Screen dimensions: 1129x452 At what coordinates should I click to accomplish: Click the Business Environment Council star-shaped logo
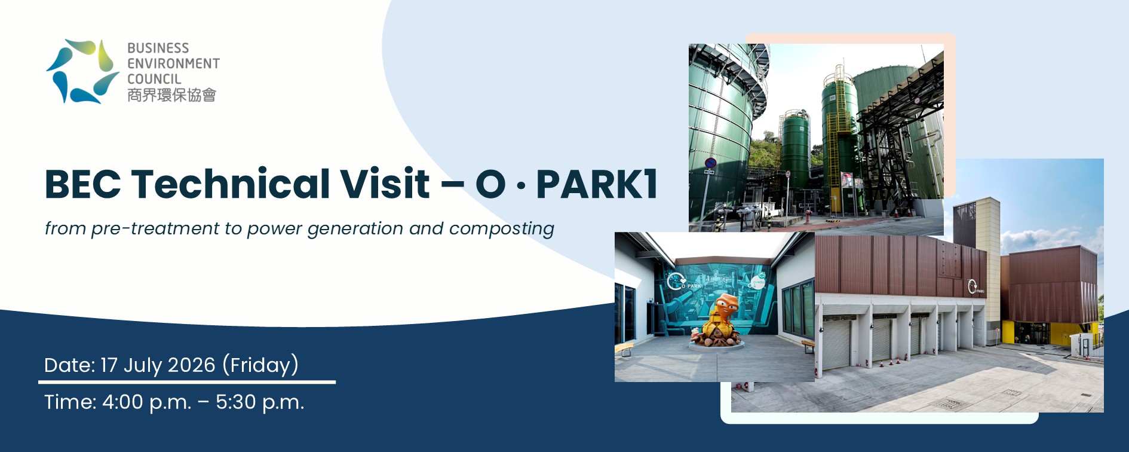click(82, 71)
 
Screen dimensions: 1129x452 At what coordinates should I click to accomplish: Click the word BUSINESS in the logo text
click(158, 48)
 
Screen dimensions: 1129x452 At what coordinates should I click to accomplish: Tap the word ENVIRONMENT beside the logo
click(174, 63)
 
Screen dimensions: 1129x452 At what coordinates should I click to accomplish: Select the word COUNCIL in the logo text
click(154, 79)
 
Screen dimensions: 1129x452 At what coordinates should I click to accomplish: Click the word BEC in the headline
click(82, 184)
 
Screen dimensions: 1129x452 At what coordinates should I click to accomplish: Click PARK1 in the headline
click(597, 184)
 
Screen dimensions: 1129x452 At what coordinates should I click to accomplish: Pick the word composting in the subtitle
click(502, 230)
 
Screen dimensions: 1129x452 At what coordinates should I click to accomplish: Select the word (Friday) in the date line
click(260, 365)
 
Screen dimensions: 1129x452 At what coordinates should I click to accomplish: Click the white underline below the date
click(187, 381)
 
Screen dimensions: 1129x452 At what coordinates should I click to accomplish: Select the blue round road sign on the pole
click(710, 163)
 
